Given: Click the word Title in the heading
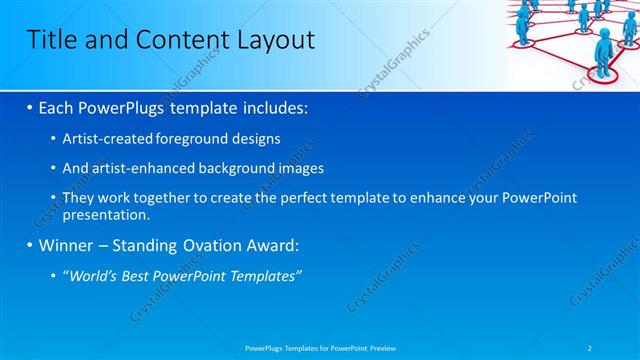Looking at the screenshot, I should [51, 40].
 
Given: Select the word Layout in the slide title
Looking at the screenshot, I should [268, 40].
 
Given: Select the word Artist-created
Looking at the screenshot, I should [109, 138].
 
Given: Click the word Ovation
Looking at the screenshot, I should [213, 245].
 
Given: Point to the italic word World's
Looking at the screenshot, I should [94, 276].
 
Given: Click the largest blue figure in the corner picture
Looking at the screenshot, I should [604, 45].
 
